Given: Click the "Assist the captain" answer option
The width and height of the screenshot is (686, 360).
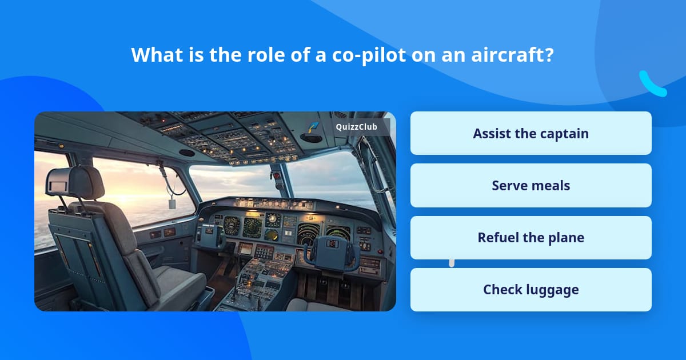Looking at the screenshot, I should [531, 133].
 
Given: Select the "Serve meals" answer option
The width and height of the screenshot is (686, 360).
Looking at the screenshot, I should [531, 186].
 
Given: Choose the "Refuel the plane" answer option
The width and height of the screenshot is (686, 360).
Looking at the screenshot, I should [531, 238].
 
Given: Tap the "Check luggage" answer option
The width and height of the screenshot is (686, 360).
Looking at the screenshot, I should [531, 290].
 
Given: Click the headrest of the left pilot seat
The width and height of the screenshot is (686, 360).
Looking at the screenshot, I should [74, 183].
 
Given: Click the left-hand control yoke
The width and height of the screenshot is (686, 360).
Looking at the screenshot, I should [213, 235].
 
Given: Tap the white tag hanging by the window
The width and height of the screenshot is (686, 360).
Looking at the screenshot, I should [171, 203].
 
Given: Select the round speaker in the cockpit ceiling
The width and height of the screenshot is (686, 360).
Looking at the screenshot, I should [186, 153].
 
